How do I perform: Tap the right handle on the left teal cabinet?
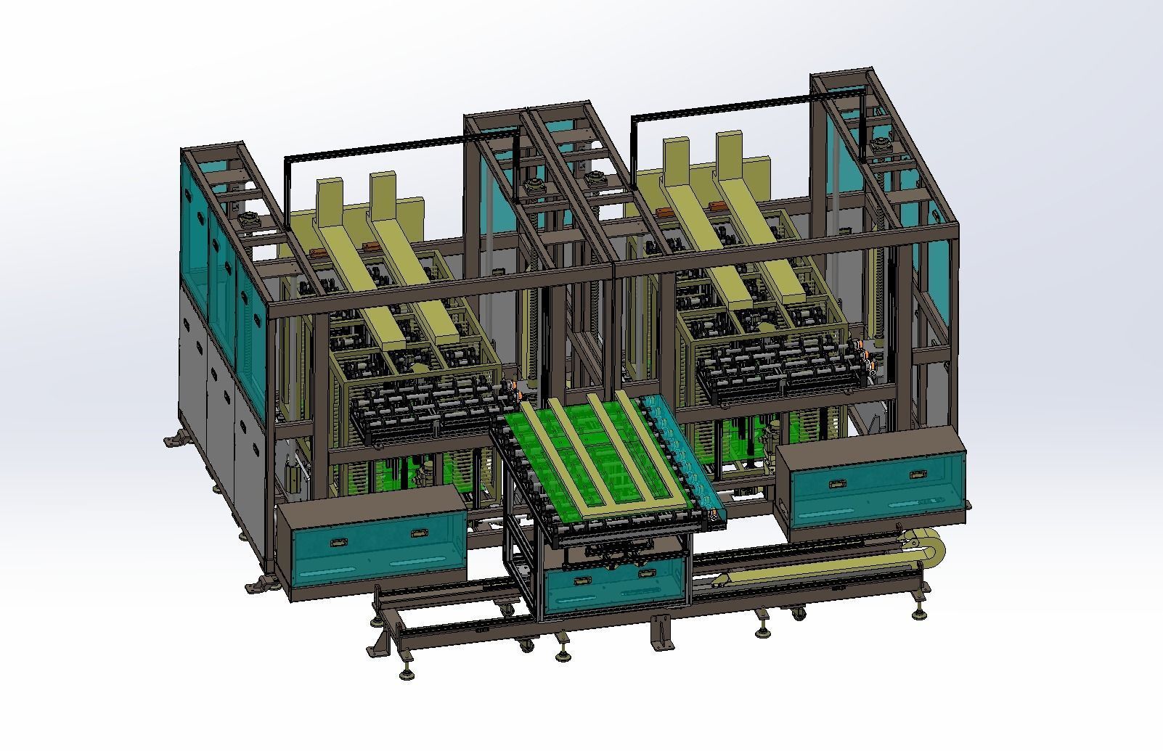pyautogui.click(x=419, y=533)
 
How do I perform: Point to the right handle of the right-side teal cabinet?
pyautogui.click(x=918, y=474)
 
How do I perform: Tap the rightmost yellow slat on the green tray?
pyautogui.click(x=645, y=443)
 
